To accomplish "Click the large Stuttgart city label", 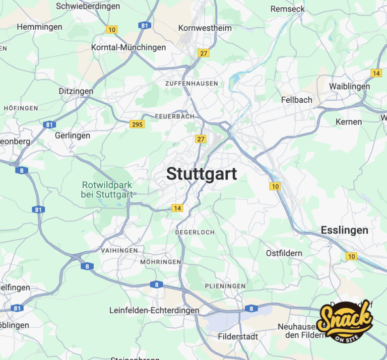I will pos(202,174).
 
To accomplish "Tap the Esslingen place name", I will pos(344,230).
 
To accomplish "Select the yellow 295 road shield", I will pos(137,124).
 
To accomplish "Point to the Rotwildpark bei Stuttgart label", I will pos(107,189).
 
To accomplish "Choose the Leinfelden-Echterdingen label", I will pos(154,311).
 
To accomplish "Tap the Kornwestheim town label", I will pos(205,28).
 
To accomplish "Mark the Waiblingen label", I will pos(349,86).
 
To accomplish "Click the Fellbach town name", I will pos(296,100).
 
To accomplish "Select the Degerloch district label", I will pos(195,232).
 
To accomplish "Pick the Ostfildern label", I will pos(284,253).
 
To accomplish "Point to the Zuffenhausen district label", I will pos(191,83).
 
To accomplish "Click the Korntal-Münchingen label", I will pos(128,47).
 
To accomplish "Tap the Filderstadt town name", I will pos(238,336).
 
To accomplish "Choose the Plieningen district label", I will pos(225,286).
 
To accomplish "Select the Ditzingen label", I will pos(76,91).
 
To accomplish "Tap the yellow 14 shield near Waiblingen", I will pos(376,74).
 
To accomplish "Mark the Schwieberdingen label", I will pos(88,6).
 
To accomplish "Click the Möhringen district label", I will pos(160,262).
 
